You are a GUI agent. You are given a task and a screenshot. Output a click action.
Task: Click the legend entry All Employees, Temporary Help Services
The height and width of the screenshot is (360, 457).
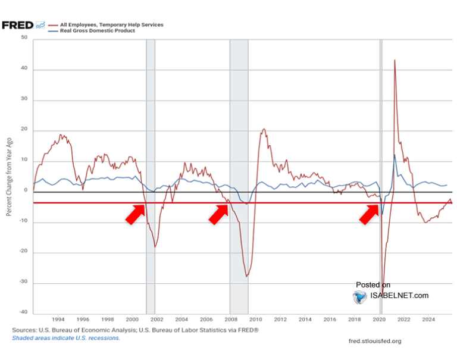point(111,25)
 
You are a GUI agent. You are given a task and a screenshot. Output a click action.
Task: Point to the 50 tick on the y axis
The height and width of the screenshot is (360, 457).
point(24,38)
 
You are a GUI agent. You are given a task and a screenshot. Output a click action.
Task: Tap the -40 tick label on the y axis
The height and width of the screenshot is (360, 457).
point(23,312)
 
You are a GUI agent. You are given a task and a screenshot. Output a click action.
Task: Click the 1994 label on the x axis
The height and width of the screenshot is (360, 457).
point(58,320)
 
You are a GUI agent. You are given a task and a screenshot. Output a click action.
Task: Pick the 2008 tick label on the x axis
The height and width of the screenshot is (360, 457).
point(231,320)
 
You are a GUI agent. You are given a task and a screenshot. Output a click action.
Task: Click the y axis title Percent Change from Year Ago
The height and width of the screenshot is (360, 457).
point(9,176)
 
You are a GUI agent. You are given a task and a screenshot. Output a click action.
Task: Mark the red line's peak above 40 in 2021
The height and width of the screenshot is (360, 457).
point(395,60)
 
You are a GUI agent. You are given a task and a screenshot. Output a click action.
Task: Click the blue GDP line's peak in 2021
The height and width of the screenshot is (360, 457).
point(395,155)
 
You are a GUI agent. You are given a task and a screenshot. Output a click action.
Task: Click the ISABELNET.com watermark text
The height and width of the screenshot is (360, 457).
point(400,295)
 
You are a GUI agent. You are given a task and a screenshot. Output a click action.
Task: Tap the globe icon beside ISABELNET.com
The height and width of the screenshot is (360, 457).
point(360,297)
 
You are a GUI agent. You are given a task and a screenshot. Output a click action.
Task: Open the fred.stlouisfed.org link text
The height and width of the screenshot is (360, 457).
point(375,341)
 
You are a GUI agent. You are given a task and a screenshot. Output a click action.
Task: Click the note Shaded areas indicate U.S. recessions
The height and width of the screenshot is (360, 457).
point(66,337)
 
